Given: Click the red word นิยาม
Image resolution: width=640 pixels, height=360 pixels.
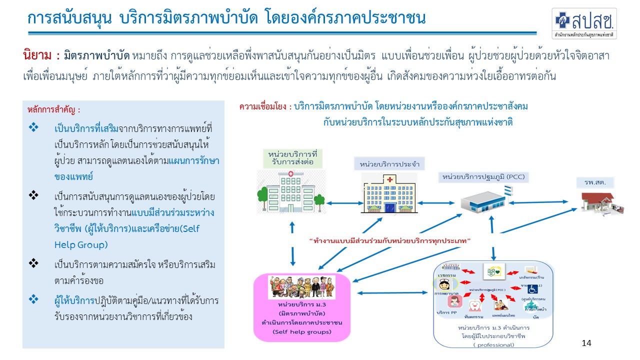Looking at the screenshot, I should pos(36,53).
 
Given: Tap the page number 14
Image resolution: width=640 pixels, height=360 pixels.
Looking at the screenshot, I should pos(586,343).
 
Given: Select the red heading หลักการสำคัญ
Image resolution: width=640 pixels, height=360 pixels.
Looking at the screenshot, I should pos(53,109).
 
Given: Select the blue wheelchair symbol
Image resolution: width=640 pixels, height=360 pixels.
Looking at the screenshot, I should pos(531,288).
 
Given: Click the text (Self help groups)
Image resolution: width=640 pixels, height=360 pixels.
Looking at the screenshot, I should pos(301,331).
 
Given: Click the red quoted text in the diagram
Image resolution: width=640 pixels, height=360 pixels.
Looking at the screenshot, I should pos(390,241).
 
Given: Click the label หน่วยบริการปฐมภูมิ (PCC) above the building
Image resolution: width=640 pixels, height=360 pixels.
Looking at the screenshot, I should pos(483,176).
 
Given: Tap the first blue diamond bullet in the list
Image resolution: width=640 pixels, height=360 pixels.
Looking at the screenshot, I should pos(34,128).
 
